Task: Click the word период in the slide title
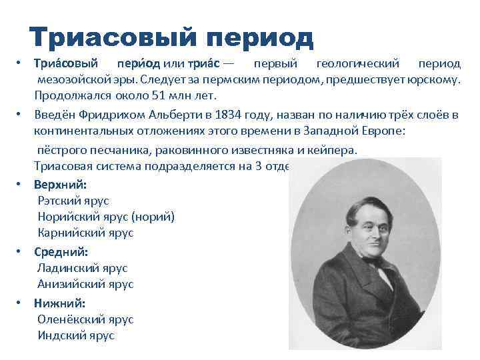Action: pos(256,39)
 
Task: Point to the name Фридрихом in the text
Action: pos(109,114)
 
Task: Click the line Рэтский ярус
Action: pos(73,200)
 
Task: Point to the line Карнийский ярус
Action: pos(85,233)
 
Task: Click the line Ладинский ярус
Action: pos(82,268)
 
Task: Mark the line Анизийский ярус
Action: pos(85,284)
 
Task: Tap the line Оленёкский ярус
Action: pos(85,319)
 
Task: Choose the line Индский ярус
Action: pos(76,335)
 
